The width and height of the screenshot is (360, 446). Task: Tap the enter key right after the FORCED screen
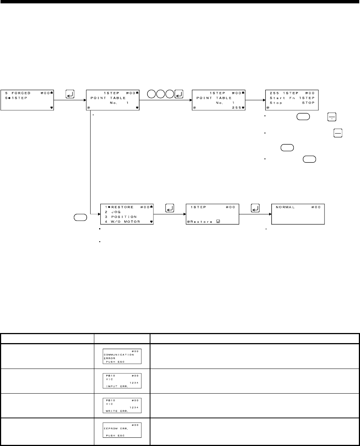(70, 94)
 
